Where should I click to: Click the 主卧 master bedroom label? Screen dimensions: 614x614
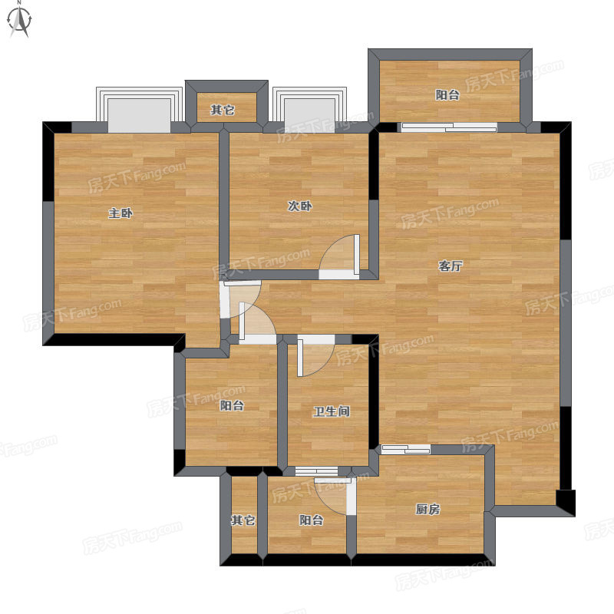[120, 213]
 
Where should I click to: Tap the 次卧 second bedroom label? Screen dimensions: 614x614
[300, 206]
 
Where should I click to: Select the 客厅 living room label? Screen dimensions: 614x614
[451, 266]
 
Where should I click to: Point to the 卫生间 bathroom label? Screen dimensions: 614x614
[332, 411]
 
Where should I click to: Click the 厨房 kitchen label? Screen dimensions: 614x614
[427, 510]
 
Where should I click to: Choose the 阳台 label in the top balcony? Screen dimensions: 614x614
[447, 94]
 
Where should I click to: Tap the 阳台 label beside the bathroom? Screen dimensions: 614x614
[232, 405]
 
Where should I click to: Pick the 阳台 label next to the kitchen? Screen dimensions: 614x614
[312, 520]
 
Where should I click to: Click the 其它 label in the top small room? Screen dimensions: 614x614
[223, 110]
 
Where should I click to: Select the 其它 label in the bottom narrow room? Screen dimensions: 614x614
[243, 520]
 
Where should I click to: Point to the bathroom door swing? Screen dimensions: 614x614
[315, 355]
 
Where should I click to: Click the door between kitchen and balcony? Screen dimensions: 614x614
[335, 496]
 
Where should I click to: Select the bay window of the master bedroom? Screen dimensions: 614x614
[140, 110]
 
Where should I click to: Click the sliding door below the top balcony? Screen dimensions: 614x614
[449, 127]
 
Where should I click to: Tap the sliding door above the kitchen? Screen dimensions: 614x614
[406, 449]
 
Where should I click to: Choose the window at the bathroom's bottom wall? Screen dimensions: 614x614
[316, 471]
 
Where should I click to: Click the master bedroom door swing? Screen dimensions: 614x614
[240, 299]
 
